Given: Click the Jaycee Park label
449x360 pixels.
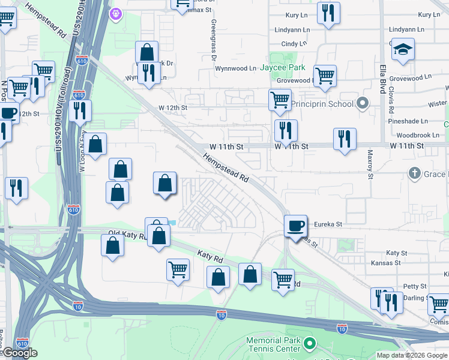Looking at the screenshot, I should (282, 68).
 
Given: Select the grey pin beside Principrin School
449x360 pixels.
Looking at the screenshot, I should (362, 104).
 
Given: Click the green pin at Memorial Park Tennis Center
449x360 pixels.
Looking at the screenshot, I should (309, 344).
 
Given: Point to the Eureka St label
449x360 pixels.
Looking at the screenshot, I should (328, 224).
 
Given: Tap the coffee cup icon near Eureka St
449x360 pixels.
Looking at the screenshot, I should (295, 226).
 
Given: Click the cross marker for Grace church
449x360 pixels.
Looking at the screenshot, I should (414, 174).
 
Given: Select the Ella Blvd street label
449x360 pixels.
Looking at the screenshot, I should (382, 79).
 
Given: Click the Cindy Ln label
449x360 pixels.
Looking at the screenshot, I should (294, 44).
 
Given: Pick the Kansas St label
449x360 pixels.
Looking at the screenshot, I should (385, 263).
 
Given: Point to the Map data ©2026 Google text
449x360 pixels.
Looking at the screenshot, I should (412, 355).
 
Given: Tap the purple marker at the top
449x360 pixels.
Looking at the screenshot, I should (115, 12).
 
